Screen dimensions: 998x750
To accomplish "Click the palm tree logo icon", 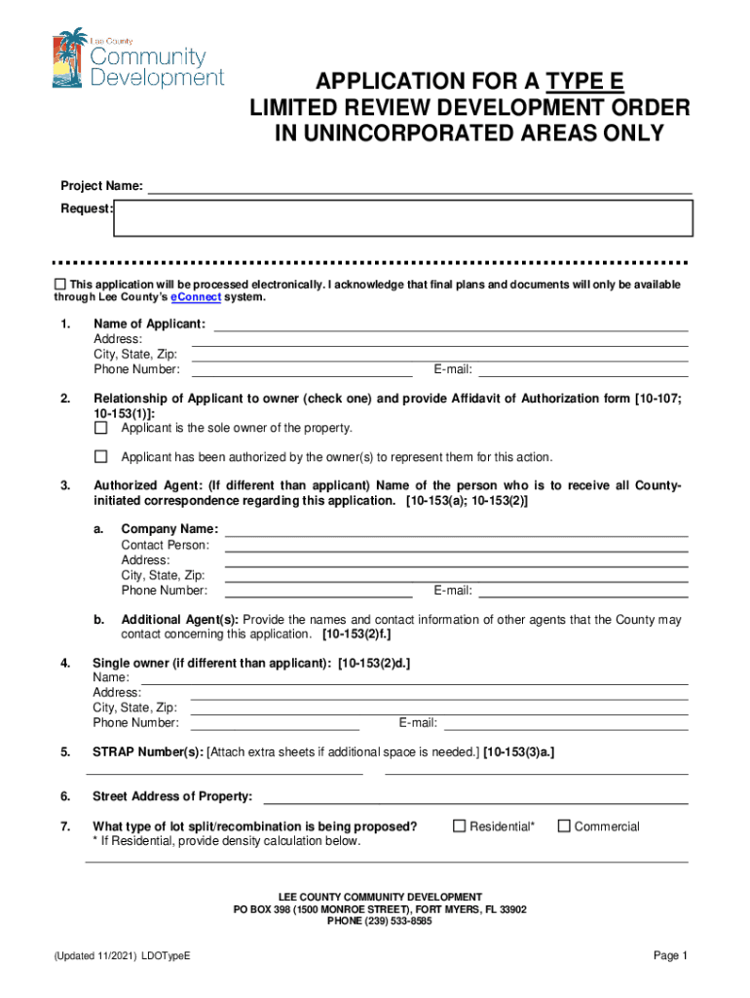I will (x=69, y=58).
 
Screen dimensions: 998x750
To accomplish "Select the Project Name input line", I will (x=419, y=186).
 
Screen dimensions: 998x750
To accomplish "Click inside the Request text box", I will (x=403, y=218).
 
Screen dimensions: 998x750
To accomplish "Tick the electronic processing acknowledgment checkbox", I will (x=59, y=284).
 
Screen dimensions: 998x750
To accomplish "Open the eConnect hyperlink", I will (x=196, y=297).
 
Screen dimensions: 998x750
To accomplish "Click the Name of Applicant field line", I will (x=450, y=325).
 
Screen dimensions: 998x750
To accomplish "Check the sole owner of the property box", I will (x=100, y=428).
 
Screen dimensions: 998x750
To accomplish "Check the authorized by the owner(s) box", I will (x=100, y=456).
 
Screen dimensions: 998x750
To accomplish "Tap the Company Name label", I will (x=169, y=529).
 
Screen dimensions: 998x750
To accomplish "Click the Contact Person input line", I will (x=456, y=545).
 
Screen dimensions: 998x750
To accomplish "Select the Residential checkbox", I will (x=460, y=826).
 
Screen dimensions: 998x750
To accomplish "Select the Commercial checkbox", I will (x=564, y=826).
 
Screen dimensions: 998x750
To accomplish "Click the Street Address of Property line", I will (x=475, y=797).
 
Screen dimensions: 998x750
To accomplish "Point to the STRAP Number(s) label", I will (x=147, y=752).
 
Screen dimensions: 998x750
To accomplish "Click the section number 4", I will (x=64, y=664).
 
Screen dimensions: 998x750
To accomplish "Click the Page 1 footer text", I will (x=671, y=956).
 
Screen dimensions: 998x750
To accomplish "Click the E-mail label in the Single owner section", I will (x=417, y=723).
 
